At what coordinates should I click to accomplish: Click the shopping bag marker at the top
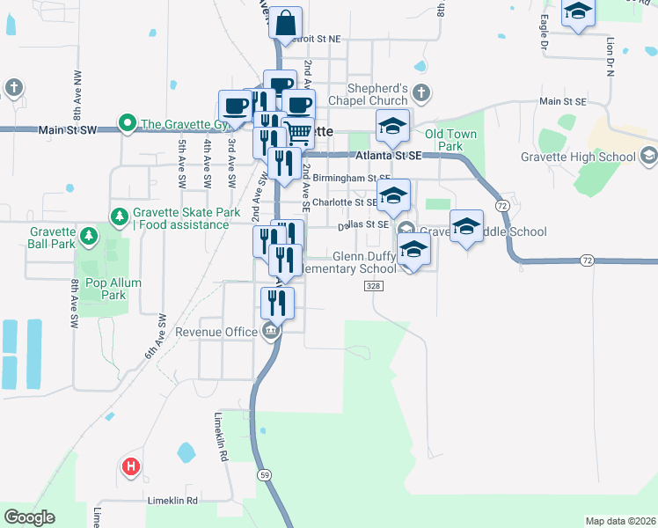click(x=287, y=22)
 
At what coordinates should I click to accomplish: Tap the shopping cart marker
click(x=299, y=133)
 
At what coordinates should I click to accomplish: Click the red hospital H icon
click(x=130, y=466)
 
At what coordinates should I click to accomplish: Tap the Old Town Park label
click(x=450, y=139)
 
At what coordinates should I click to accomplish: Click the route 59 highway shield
click(x=266, y=474)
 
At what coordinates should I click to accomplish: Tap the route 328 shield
click(x=372, y=286)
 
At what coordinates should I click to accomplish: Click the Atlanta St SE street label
click(x=391, y=156)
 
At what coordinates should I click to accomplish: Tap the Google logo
click(x=29, y=517)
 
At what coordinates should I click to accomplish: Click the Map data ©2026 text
click(x=619, y=521)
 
